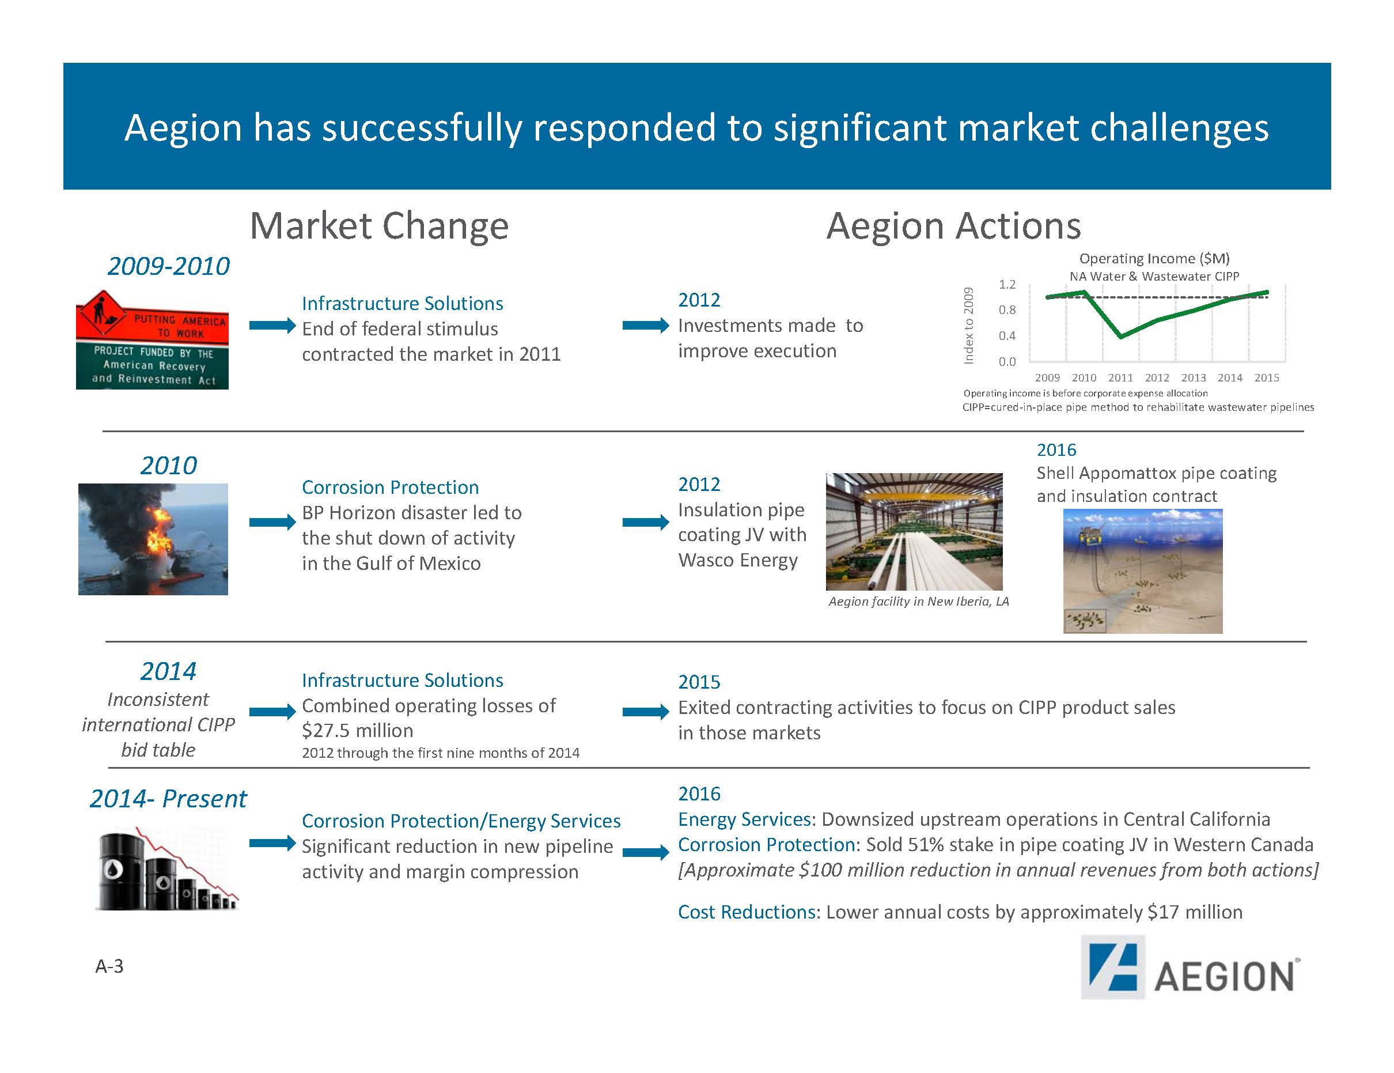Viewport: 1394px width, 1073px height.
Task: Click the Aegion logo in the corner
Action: (1190, 967)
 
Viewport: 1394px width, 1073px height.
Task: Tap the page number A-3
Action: (109, 966)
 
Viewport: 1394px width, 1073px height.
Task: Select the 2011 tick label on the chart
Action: (1120, 377)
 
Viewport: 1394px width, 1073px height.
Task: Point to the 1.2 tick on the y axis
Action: (1007, 284)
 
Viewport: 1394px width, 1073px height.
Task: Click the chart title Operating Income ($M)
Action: (1154, 258)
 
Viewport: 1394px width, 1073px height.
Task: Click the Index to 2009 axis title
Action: (969, 326)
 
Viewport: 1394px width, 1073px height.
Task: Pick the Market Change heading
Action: (379, 226)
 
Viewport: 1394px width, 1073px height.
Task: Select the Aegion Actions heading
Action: (953, 226)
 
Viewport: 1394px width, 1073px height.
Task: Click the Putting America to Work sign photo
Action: (152, 340)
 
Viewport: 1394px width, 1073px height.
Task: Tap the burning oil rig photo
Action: (153, 539)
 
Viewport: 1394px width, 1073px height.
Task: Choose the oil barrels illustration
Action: (167, 868)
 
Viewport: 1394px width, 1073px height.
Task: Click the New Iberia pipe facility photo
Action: (914, 531)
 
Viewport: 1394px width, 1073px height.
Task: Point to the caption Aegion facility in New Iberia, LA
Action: (918, 602)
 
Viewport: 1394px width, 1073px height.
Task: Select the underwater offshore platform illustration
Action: (1142, 571)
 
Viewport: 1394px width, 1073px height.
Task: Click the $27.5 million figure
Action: (358, 731)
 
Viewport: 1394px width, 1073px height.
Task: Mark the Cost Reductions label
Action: (747, 912)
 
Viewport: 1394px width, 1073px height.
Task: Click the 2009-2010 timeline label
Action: (169, 266)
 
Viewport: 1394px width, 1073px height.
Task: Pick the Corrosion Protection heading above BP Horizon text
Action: (390, 488)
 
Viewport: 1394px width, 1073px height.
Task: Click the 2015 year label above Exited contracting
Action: (699, 682)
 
